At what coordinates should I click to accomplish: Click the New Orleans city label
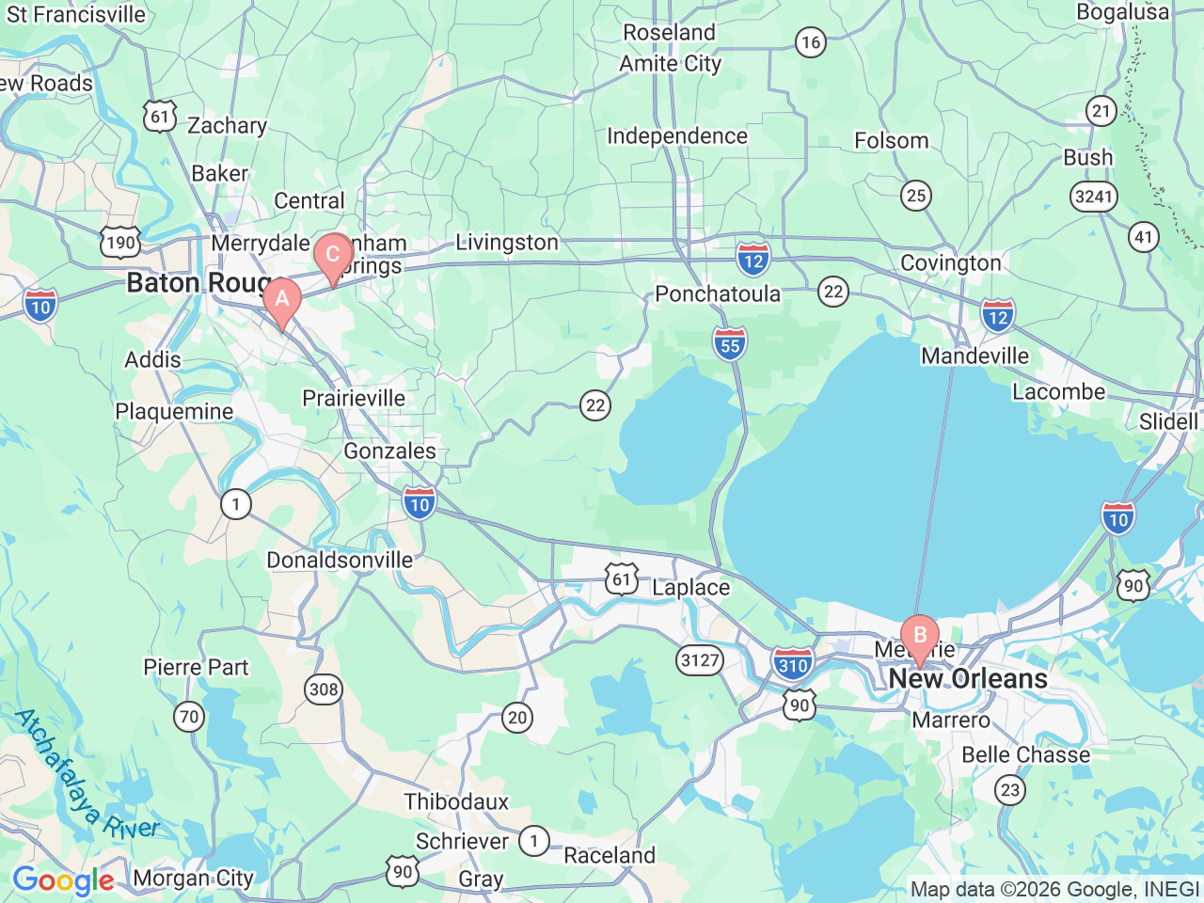click(967, 678)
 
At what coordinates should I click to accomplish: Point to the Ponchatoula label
click(718, 293)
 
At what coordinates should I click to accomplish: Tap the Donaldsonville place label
click(340, 560)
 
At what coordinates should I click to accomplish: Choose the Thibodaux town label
click(456, 801)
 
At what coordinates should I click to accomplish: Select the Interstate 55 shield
click(730, 344)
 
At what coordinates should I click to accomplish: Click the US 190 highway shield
click(120, 242)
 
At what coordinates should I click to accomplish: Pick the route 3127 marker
click(700, 659)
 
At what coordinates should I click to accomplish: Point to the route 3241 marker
click(1093, 196)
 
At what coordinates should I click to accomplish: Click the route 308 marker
click(324, 689)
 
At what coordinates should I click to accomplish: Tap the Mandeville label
click(974, 356)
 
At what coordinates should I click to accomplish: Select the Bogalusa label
click(1122, 12)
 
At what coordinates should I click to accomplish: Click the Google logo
click(63, 880)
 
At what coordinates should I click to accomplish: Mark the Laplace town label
click(690, 587)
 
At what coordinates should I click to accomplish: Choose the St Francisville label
click(76, 14)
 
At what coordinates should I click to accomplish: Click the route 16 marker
click(810, 41)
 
